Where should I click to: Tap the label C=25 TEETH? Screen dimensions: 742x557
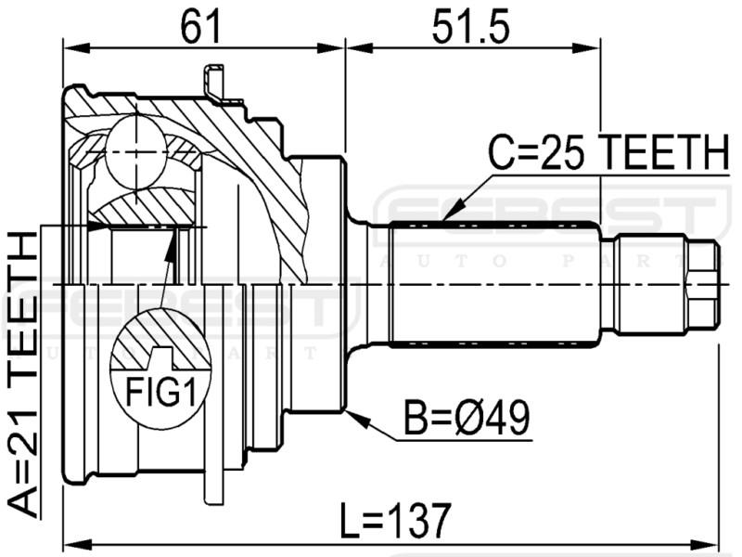coord(608,151)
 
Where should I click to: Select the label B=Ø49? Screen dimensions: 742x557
coord(467,417)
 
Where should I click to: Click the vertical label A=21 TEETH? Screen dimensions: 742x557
coord(22,374)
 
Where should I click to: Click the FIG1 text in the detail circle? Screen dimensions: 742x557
coord(160,392)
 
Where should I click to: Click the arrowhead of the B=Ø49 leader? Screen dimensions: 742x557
coord(357,418)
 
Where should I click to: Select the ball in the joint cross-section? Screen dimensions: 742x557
coord(135,152)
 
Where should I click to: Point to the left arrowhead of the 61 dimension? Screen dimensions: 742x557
coord(76,48)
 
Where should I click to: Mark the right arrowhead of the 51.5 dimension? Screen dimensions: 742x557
coord(587,48)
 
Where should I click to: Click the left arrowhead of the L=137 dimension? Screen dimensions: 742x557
coord(77,542)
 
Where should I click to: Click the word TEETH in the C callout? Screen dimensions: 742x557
coord(666,151)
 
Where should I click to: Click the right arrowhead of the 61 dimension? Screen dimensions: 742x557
coord(330,48)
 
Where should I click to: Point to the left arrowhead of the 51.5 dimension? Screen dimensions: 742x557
coord(361,48)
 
